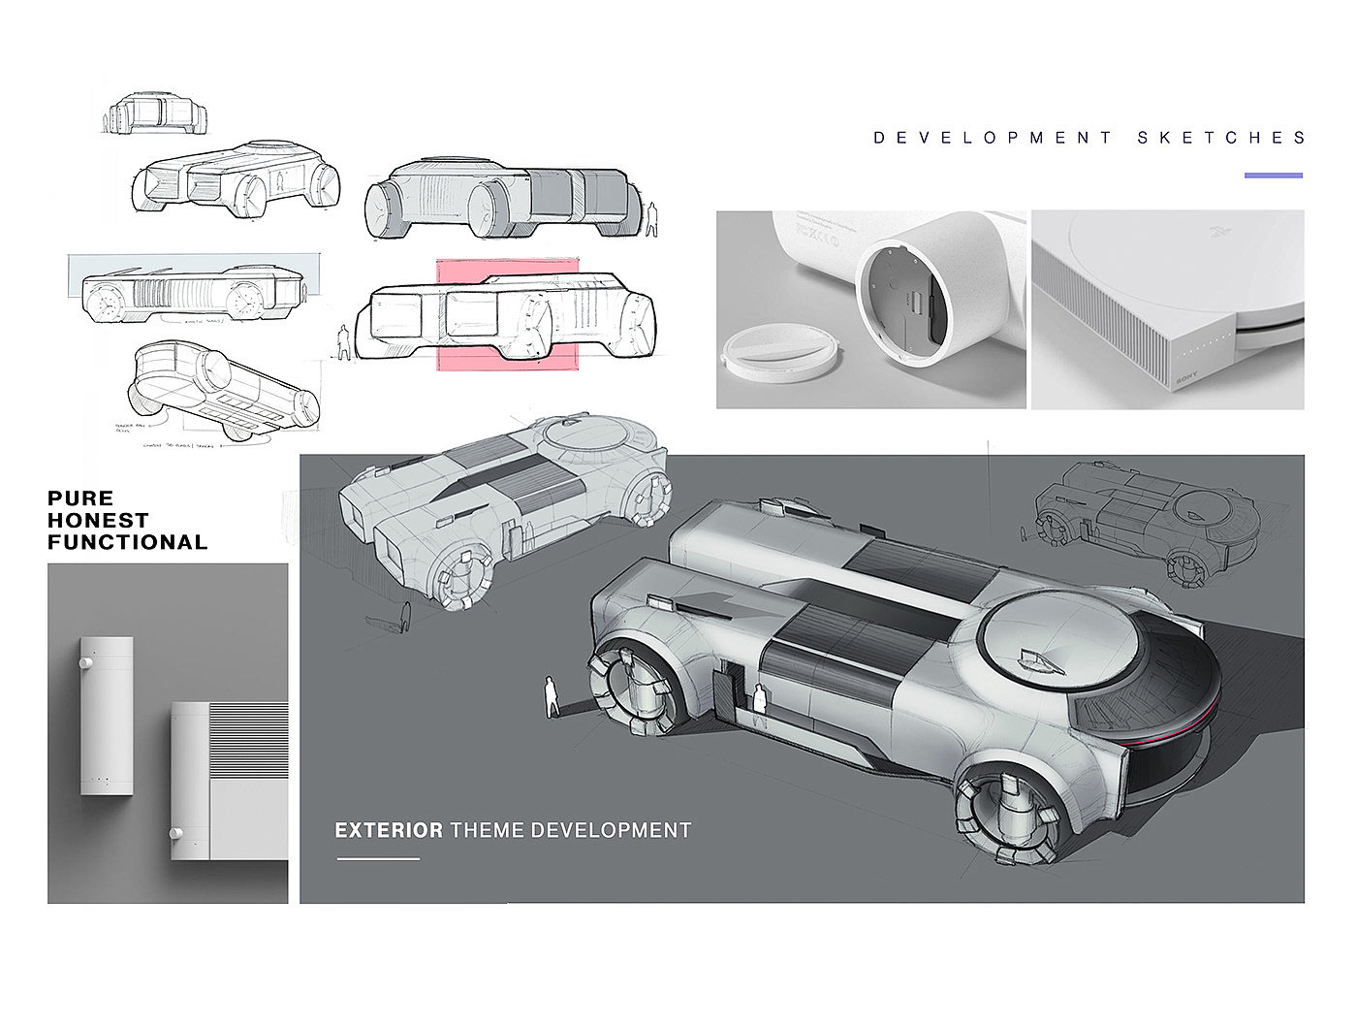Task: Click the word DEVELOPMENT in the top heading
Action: [x=994, y=138]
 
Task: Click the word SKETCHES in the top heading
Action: [x=1222, y=138]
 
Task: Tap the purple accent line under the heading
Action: [x=1273, y=176]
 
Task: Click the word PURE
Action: [x=80, y=498]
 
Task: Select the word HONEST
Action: [x=98, y=521]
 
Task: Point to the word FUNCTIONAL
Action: [x=127, y=543]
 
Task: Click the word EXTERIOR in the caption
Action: [x=388, y=830]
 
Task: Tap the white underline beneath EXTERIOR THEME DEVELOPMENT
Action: [x=378, y=858]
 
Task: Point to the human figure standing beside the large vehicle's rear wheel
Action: [x=551, y=696]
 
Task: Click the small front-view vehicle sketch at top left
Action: [x=155, y=113]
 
